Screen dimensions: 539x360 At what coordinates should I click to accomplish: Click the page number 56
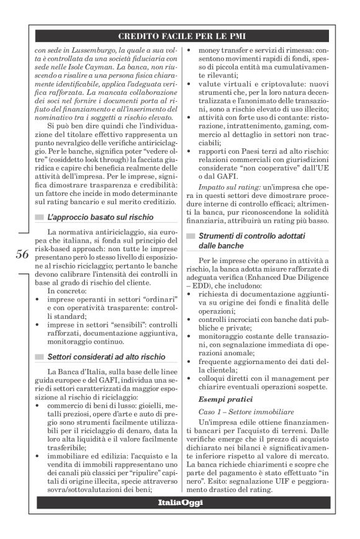click(22, 254)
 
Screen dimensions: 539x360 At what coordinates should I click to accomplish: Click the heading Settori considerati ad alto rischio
click(105, 356)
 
